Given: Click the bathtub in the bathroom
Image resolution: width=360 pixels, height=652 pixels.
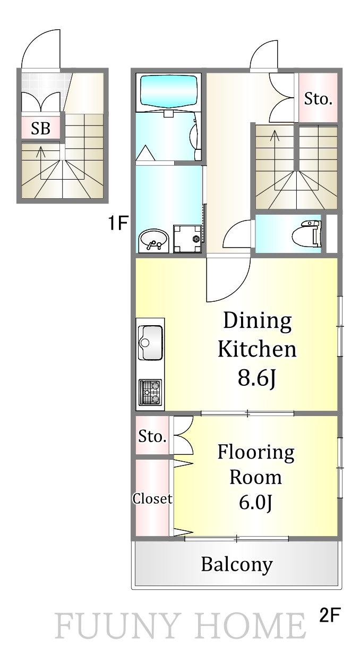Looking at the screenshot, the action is pos(169,91).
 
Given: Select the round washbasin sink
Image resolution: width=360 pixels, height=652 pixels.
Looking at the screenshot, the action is pos(153,240).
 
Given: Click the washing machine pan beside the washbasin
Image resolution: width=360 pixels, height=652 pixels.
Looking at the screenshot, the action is pos(187,239).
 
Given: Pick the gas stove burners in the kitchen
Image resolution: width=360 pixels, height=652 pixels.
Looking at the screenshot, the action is pos(150,392).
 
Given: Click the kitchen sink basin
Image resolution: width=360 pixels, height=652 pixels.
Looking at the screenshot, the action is pos(150,343).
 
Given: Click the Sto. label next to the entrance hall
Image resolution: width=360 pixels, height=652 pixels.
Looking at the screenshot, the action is pos(318,99).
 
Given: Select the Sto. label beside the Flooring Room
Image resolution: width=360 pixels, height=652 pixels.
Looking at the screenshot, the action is pos(152,436).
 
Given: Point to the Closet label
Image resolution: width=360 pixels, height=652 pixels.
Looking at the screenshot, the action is pos(152,498).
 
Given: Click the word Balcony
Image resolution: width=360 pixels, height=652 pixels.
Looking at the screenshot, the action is pos(237,565).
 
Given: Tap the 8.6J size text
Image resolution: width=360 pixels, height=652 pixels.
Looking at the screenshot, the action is pos(256,378).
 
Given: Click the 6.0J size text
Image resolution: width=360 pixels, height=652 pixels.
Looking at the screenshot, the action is pos(255,502).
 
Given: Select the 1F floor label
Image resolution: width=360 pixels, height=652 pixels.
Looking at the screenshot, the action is pos(117,223).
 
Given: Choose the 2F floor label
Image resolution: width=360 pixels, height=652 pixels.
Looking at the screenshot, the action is pos(329,615).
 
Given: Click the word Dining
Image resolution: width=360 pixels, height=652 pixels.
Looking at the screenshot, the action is pos(258,321).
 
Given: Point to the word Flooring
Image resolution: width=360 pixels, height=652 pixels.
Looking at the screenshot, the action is pos(256,453).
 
